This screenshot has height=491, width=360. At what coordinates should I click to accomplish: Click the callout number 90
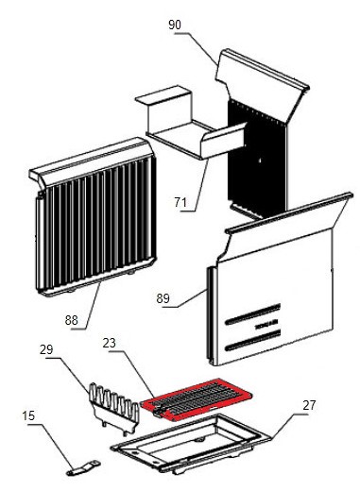click(x=175, y=25)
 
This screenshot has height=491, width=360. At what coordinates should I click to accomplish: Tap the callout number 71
click(x=180, y=202)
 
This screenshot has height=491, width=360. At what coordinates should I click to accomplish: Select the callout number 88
click(x=72, y=320)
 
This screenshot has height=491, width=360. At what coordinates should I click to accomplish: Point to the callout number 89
click(x=163, y=298)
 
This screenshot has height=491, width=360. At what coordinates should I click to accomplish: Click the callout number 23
click(x=110, y=343)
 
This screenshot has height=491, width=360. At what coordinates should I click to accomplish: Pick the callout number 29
click(x=46, y=349)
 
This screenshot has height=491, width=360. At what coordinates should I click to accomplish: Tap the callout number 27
click(x=309, y=405)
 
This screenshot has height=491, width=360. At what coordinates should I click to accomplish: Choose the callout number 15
click(x=28, y=415)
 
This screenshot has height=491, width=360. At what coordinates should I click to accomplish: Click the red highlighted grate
click(x=197, y=399)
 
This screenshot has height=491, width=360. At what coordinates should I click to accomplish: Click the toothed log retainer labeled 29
click(x=114, y=409)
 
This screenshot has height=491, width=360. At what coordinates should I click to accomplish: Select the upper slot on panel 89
click(x=252, y=313)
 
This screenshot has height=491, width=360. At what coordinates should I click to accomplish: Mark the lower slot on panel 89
click(x=252, y=340)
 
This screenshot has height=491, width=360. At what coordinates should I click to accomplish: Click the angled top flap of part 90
click(x=263, y=85)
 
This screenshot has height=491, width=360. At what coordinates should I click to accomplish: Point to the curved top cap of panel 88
click(x=91, y=161)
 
